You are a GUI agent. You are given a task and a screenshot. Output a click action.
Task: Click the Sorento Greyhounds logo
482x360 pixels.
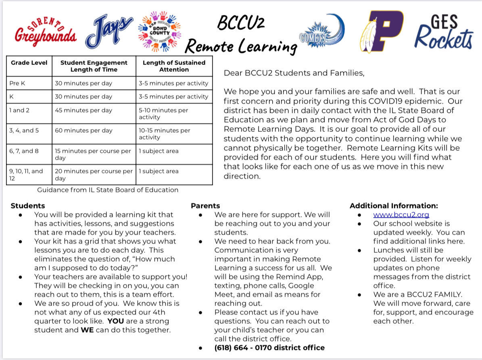coord(45,31)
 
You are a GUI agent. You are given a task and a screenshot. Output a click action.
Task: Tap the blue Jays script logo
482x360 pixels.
coord(109,32)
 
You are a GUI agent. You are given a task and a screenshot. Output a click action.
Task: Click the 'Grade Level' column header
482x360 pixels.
coord(29,63)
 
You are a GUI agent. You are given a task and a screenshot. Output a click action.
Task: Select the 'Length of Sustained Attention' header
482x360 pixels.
coord(174,66)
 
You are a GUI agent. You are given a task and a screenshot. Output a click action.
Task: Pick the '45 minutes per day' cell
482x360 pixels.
coord(83,110)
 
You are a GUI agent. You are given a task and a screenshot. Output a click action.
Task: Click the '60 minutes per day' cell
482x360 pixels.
coord(83,131)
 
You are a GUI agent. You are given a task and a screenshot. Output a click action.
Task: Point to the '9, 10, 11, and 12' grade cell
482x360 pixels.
coord(26,175)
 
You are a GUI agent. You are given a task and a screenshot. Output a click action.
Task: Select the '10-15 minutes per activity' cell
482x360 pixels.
coord(165,134)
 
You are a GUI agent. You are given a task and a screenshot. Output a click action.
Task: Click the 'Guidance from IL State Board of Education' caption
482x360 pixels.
coord(108,190)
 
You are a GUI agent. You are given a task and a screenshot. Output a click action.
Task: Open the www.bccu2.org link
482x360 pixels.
coord(401,215)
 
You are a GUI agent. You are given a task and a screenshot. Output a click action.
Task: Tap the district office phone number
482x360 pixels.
coord(269,348)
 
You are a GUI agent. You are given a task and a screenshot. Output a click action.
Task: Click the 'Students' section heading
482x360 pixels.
coord(28,206)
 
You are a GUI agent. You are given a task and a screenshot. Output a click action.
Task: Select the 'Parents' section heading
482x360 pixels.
coord(205,206)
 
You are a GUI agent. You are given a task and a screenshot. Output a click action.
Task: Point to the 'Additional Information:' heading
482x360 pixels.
coord(393,206)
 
